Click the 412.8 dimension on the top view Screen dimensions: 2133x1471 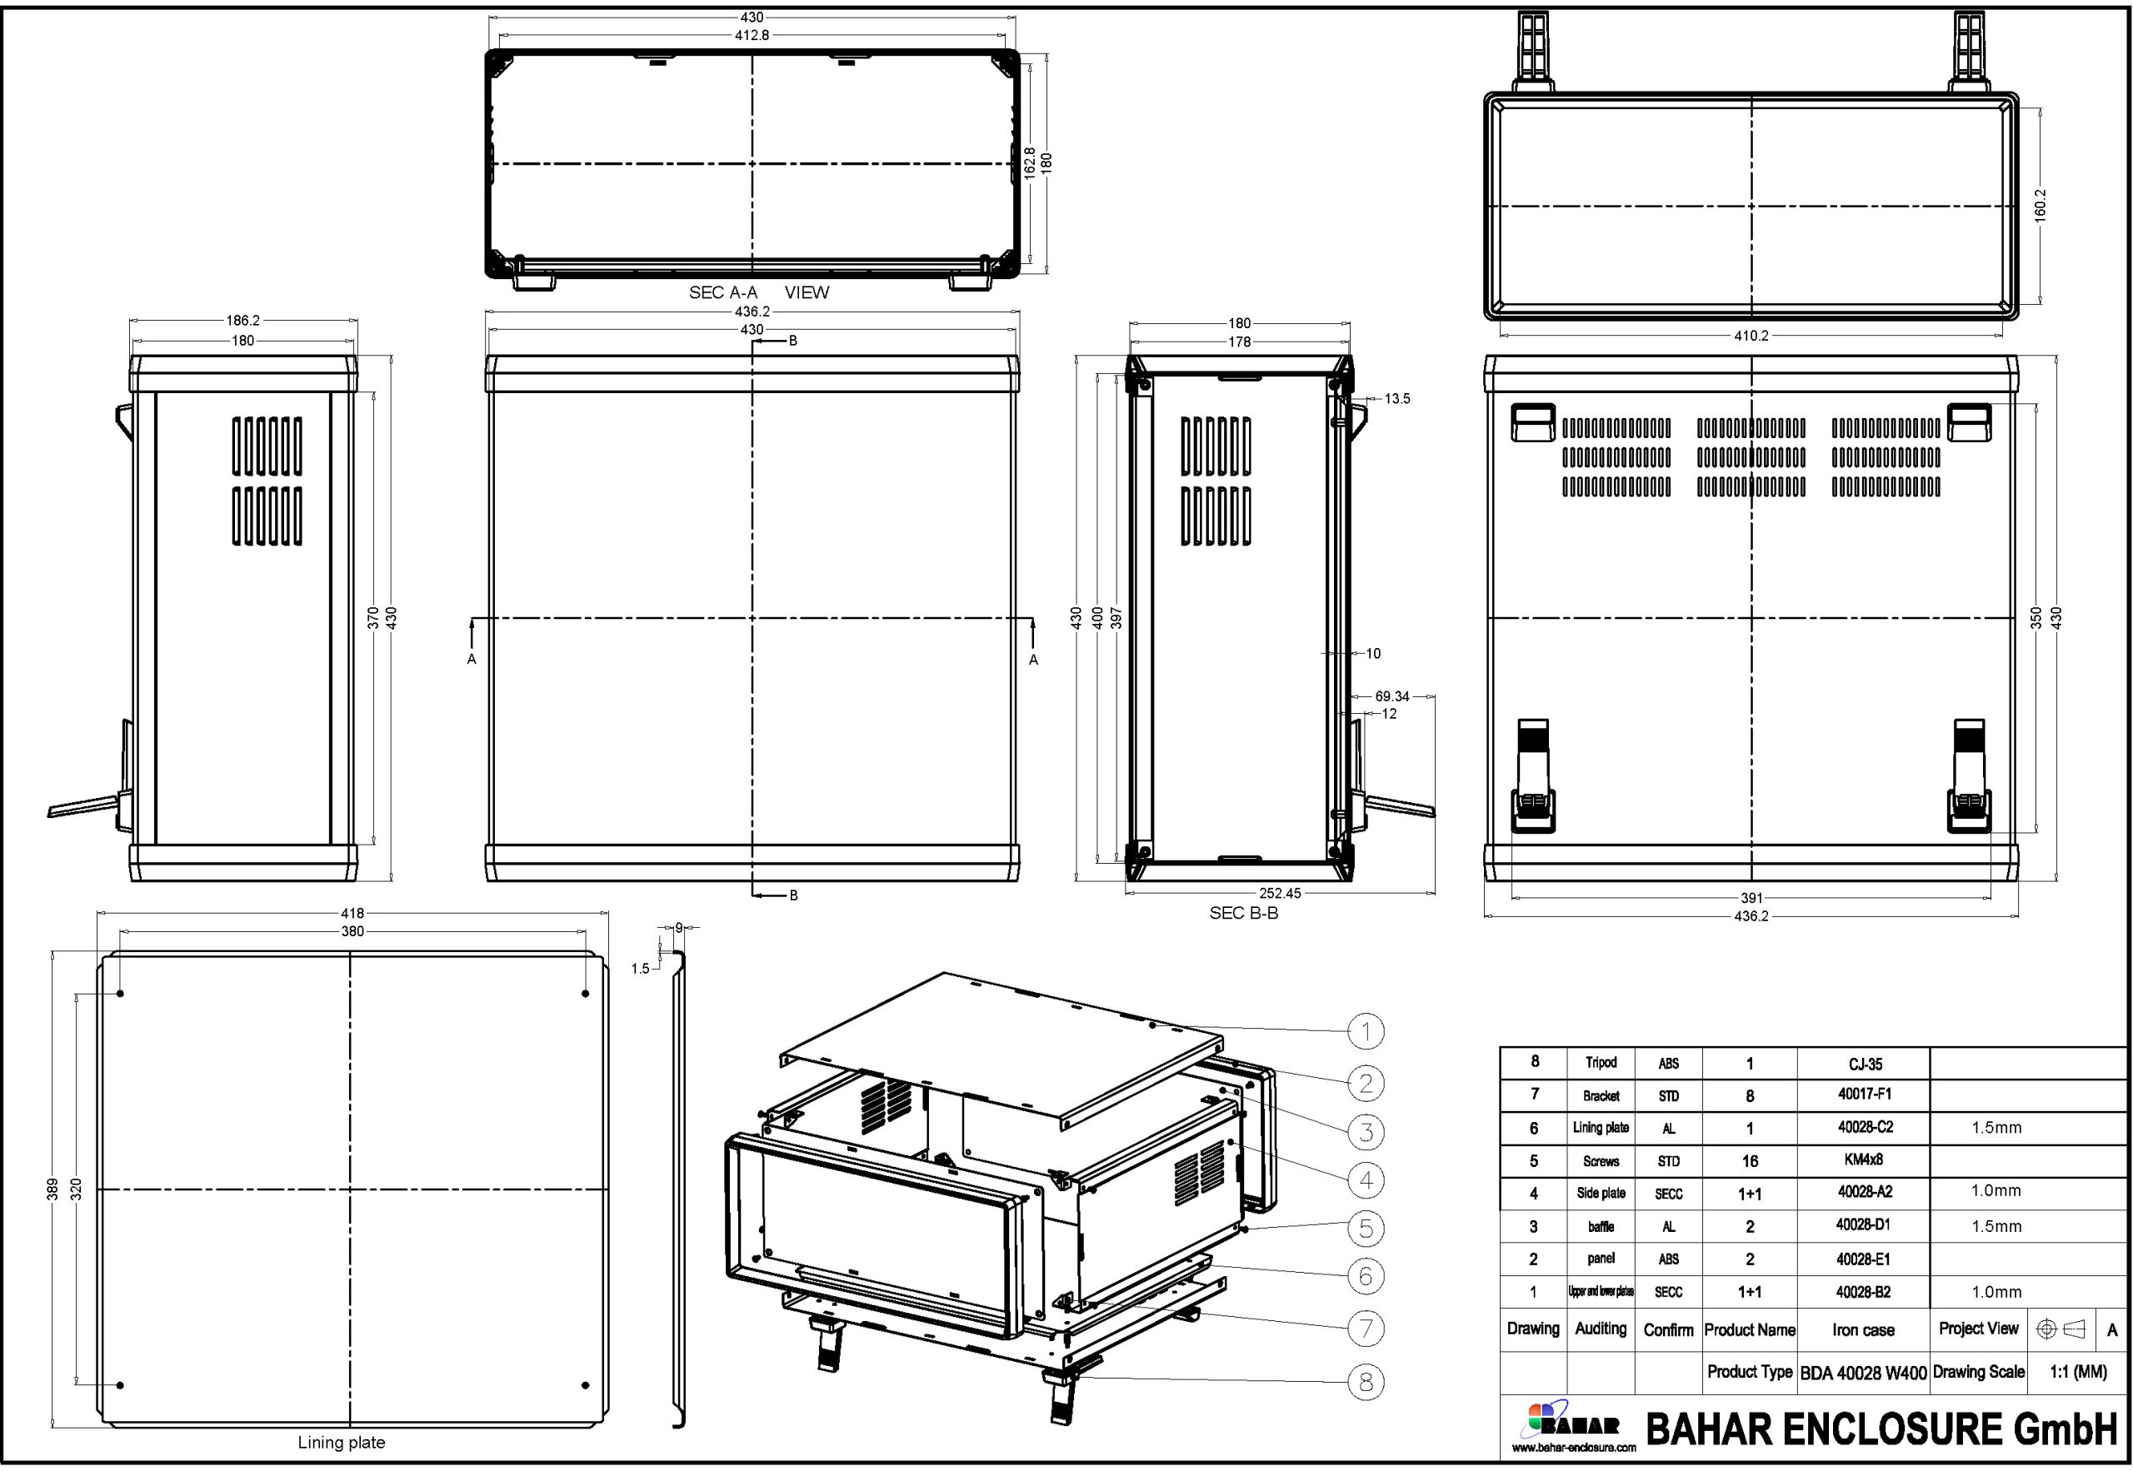click(752, 35)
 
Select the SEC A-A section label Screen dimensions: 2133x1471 click(722, 292)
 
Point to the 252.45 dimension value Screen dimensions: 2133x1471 click(1281, 892)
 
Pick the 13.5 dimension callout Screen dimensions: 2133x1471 click(1396, 398)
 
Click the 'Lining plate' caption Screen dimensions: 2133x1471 click(341, 1443)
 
